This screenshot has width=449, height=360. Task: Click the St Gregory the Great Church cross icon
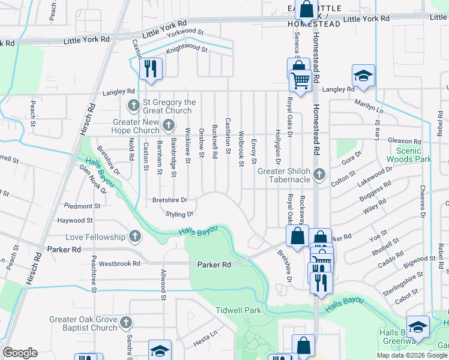pos(133,106)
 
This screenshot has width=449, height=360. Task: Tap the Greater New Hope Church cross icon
pos(169,125)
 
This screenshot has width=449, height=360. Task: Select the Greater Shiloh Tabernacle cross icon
pos(319,175)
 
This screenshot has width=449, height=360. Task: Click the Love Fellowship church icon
pos(135,236)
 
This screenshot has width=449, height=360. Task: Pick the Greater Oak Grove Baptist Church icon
pos(125,323)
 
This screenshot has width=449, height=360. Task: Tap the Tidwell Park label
pos(238,310)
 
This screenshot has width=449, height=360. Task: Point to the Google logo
pos(20,353)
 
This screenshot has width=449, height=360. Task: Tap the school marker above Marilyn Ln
pos(363,75)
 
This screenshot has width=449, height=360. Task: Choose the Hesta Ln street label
pos(205,343)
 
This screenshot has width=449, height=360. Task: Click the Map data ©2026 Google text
pos(412,355)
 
